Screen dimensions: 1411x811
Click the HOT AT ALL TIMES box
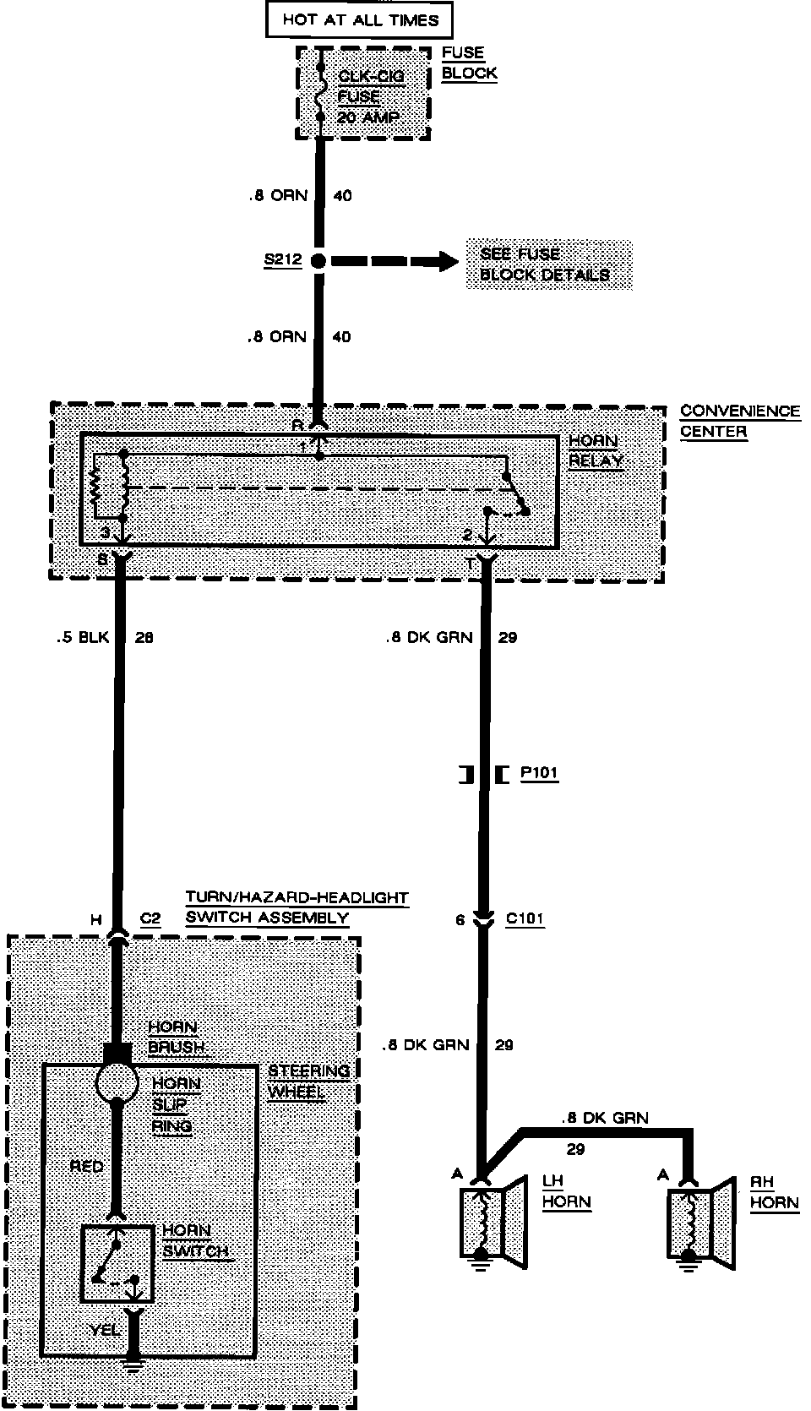(360, 20)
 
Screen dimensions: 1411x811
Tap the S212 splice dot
(318, 260)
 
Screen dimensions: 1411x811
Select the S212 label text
(282, 259)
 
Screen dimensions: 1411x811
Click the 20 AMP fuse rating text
(368, 117)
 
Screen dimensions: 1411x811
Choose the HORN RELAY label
(596, 451)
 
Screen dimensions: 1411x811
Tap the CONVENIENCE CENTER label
(740, 421)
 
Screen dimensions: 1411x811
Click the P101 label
(539, 773)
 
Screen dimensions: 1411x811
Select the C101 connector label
(525, 919)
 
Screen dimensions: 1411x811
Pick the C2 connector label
(150, 919)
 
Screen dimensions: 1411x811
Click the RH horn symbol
(700, 1225)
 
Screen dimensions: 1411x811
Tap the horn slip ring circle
(116, 1082)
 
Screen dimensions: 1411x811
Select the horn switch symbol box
(117, 1264)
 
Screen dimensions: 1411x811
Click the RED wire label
(86, 1167)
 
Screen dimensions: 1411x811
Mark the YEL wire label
(106, 1329)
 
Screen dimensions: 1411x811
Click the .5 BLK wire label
(83, 637)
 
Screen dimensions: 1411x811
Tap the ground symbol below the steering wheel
(132, 1363)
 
